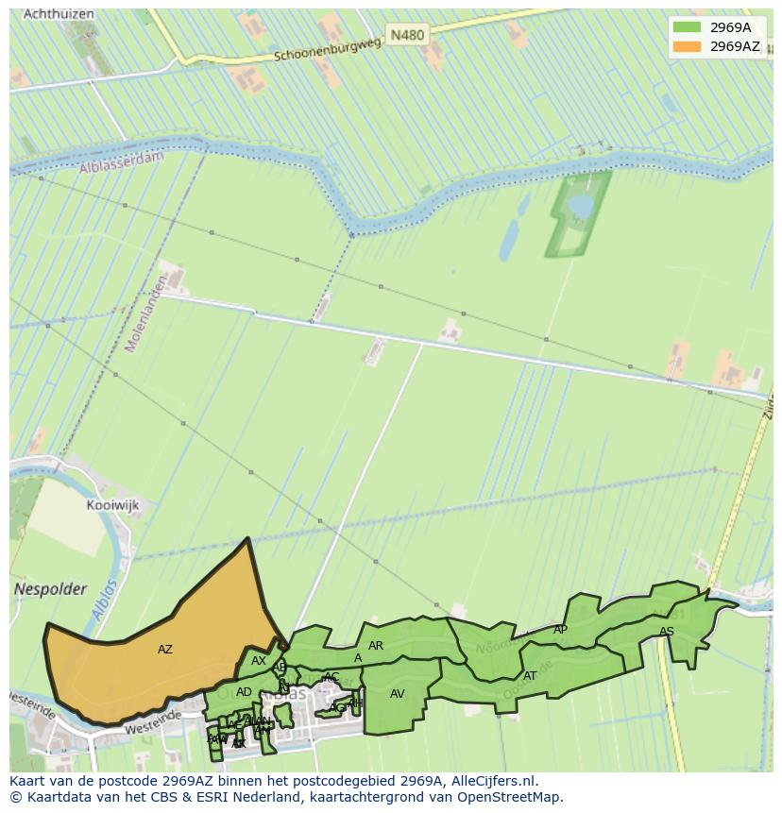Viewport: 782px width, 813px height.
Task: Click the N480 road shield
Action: pos(407,35)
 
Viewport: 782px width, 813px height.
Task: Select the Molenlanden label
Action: pos(146,313)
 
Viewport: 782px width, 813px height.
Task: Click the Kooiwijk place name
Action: pos(112,505)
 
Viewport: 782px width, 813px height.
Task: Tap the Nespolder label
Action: pos(50,589)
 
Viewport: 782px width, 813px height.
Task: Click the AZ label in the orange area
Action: pos(165,650)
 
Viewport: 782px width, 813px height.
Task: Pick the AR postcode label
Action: pos(376,646)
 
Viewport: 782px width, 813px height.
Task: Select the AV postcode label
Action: pos(398,694)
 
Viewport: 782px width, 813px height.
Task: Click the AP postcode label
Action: pos(560,630)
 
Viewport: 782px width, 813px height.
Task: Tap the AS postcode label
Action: pos(667,632)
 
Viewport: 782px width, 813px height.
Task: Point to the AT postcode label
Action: pos(530,676)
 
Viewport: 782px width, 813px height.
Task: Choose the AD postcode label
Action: pos(244,692)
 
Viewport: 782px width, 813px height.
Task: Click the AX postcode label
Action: pos(258,661)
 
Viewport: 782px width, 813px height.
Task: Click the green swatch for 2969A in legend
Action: pos(687,27)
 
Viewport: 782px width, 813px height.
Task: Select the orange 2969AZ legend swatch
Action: pos(687,46)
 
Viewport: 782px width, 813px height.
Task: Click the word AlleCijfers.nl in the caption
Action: pos(494,781)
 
